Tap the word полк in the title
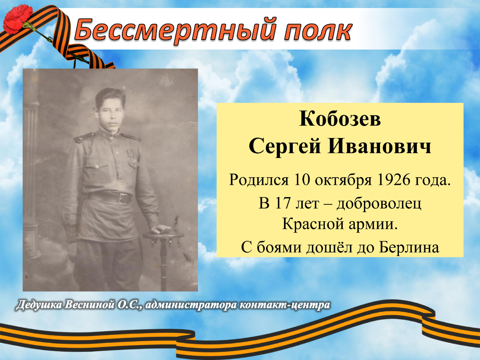(x=318, y=31)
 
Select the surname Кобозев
(x=340, y=119)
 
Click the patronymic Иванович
(x=379, y=146)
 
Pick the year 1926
(x=393, y=180)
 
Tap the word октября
(x=343, y=181)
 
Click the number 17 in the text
(x=282, y=203)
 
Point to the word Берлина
(x=409, y=248)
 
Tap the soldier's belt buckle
(x=124, y=198)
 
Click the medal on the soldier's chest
(x=134, y=158)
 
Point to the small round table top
(x=163, y=236)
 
